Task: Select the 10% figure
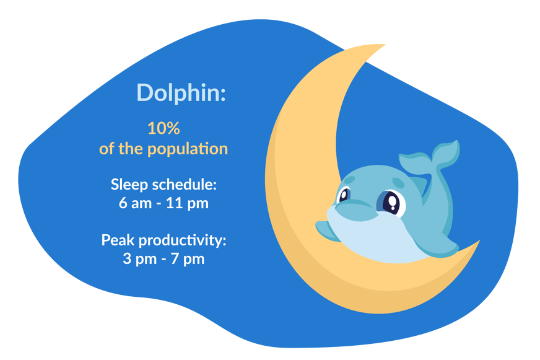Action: coord(163,128)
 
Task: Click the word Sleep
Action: coord(129,184)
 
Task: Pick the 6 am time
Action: coord(135,203)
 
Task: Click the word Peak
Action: coord(118,240)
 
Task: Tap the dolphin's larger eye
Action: coord(391,202)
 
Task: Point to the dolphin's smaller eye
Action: coord(344,195)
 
